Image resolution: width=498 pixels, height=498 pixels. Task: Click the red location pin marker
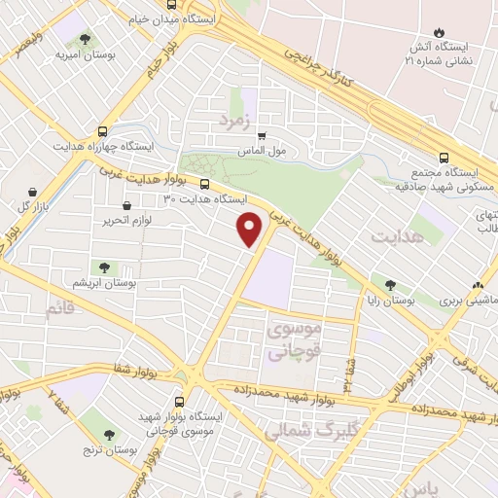click(250, 228)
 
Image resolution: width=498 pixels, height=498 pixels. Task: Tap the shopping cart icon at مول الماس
click(262, 136)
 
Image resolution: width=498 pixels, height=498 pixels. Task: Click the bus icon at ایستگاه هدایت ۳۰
click(204, 184)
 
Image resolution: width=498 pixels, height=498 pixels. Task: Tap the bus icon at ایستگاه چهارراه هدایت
click(102, 132)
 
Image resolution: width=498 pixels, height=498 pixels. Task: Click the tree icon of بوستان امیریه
click(88, 40)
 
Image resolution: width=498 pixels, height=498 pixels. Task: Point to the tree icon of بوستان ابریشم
click(103, 267)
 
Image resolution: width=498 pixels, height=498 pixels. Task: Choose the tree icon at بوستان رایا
click(390, 285)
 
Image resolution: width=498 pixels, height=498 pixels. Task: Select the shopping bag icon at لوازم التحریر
click(128, 205)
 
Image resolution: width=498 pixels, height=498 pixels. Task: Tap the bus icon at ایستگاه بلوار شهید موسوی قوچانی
click(180, 401)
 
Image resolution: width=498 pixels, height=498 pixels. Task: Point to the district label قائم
click(58, 309)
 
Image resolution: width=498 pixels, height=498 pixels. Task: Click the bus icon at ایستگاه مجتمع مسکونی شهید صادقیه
click(445, 158)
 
